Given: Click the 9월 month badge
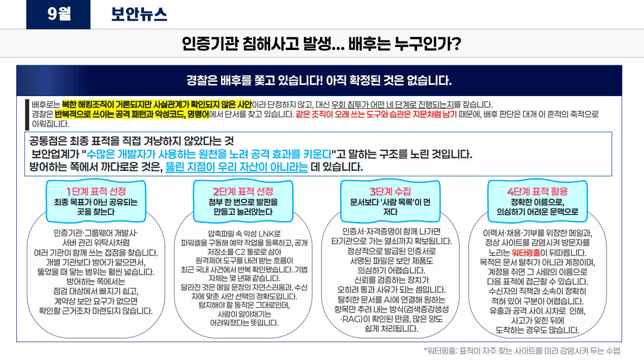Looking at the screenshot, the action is coord(58,14).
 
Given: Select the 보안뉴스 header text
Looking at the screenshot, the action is coord(139,14).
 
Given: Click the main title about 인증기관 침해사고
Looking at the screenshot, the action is coord(321,43).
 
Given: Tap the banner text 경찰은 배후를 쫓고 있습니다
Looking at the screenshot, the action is coord(319,80).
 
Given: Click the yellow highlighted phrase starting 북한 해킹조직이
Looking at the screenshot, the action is coord(157,104).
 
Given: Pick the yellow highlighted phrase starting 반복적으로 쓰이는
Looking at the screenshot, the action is coord(131,114).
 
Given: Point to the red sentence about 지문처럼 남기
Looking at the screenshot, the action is coord(376,114).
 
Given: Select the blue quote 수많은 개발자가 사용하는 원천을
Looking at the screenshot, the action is coord(209,154).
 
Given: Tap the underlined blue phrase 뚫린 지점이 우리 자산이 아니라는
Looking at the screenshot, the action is coord(237,167).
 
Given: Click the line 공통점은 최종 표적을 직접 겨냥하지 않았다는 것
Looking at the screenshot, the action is coord(131,141).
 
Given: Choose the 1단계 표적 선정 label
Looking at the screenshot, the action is coord(96,192).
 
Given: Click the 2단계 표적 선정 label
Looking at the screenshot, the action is coord(243,192).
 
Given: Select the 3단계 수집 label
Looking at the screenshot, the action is coord(390,192).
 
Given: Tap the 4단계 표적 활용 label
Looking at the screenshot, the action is coord(537,192).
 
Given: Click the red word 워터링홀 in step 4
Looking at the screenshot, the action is coord(526,253).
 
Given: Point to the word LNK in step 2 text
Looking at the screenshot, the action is coord(262,234).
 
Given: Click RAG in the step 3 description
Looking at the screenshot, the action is coord(352,319).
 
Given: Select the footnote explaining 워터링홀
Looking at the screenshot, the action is coord(522,351).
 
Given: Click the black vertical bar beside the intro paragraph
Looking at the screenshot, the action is coord(27,115).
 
